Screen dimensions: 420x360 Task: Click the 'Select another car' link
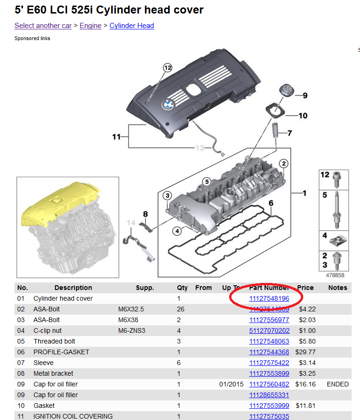pos(43,26)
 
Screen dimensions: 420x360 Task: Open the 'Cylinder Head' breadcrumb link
pos(131,26)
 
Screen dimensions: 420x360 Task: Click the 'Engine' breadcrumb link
pos(90,26)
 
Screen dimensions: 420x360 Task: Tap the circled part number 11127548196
pos(269,298)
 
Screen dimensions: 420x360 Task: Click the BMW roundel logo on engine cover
pos(167,104)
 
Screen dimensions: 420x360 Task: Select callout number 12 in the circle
pos(167,68)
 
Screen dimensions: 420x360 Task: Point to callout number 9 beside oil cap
pos(305,96)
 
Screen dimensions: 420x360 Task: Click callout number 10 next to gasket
pos(303,115)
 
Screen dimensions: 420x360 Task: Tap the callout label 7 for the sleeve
pos(289,133)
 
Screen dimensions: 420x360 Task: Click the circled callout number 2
pos(283,163)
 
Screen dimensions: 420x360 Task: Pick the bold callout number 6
pos(271,203)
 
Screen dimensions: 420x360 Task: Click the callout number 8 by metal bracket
pos(145,214)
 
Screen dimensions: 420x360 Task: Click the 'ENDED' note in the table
pos(338,384)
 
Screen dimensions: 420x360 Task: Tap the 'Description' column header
pos(73,288)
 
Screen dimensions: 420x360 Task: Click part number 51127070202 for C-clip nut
pos(269,330)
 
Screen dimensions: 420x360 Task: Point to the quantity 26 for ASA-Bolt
pos(182,309)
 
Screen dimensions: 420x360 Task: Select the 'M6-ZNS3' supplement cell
pos(131,330)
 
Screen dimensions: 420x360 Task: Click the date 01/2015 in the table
pos(231,384)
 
